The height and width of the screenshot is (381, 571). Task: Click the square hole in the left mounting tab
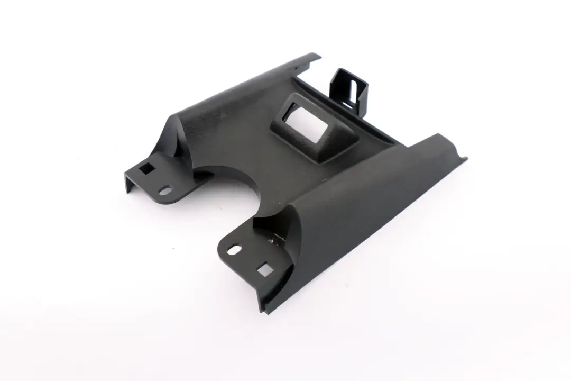pos(146,169)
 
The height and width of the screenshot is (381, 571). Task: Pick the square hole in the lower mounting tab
pos(265,271)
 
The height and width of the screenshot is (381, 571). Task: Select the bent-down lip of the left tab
pos(129,183)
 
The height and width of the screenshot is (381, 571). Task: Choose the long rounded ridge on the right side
pos(370,201)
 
